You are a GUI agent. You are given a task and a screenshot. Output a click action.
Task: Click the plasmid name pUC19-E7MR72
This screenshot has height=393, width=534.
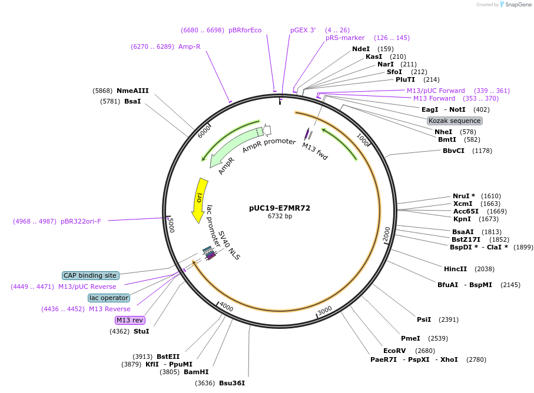click(x=280, y=208)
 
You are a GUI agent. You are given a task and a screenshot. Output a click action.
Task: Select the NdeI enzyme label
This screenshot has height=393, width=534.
click(x=361, y=49)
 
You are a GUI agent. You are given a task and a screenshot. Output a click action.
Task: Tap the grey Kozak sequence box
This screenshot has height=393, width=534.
click(x=455, y=121)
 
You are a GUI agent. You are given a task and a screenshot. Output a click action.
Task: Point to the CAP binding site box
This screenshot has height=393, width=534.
click(x=91, y=275)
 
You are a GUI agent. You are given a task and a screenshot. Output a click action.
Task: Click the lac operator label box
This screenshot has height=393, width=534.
click(x=109, y=298)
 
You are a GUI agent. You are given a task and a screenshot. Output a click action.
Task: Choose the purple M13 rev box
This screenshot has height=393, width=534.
click(x=130, y=320)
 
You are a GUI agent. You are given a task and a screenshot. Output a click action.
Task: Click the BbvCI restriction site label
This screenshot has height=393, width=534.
click(x=454, y=151)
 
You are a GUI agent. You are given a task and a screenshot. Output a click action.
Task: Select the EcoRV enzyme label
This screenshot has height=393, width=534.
click(x=394, y=351)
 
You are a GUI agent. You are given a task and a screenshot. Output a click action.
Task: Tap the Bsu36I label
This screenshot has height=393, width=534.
click(x=232, y=383)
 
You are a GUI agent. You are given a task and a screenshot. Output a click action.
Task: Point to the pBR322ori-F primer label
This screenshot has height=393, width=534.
click(x=81, y=222)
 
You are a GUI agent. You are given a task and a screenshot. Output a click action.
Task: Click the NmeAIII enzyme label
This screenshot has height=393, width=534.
click(x=132, y=91)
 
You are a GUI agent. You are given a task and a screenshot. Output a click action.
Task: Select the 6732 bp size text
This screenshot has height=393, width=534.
click(x=280, y=217)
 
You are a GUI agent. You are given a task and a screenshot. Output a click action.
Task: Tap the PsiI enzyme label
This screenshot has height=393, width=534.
click(x=424, y=319)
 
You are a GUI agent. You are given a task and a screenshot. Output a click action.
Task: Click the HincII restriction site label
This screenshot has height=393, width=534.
click(x=456, y=269)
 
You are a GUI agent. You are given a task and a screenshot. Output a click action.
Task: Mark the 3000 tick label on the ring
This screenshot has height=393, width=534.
click(x=324, y=310)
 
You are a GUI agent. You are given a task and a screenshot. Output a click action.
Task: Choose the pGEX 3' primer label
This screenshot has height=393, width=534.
click(x=303, y=30)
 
